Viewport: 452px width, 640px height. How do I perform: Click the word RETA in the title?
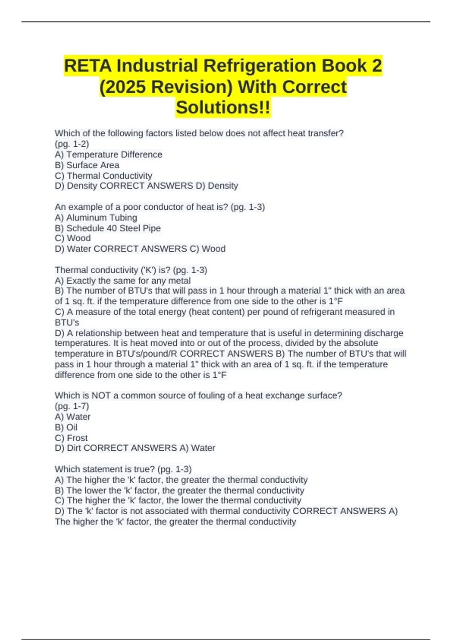[88, 66]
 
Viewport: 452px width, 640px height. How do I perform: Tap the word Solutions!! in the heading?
[223, 107]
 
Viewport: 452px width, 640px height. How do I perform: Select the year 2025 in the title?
[125, 87]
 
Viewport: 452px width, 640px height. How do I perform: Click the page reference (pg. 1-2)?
[72, 144]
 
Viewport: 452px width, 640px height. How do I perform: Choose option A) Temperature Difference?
[108, 154]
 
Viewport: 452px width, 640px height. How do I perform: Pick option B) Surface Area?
[87, 165]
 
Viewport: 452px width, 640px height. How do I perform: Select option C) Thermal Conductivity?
[104, 175]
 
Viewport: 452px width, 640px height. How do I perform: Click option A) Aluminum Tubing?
[96, 218]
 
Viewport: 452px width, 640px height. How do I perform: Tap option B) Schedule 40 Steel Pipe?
[108, 228]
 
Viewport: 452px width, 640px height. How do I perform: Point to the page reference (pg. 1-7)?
[72, 406]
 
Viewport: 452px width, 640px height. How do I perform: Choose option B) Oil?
[66, 427]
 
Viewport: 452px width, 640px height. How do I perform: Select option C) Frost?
[71, 438]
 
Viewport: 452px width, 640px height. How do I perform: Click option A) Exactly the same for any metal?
[123, 280]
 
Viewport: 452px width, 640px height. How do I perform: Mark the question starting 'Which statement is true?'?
[123, 469]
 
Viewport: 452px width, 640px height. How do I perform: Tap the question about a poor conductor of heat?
[160, 207]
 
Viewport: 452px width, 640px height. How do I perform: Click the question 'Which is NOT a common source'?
[199, 395]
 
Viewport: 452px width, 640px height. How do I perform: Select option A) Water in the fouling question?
[73, 417]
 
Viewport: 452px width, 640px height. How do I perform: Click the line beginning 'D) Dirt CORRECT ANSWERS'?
[135, 448]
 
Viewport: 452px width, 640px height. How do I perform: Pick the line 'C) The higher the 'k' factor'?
[178, 500]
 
